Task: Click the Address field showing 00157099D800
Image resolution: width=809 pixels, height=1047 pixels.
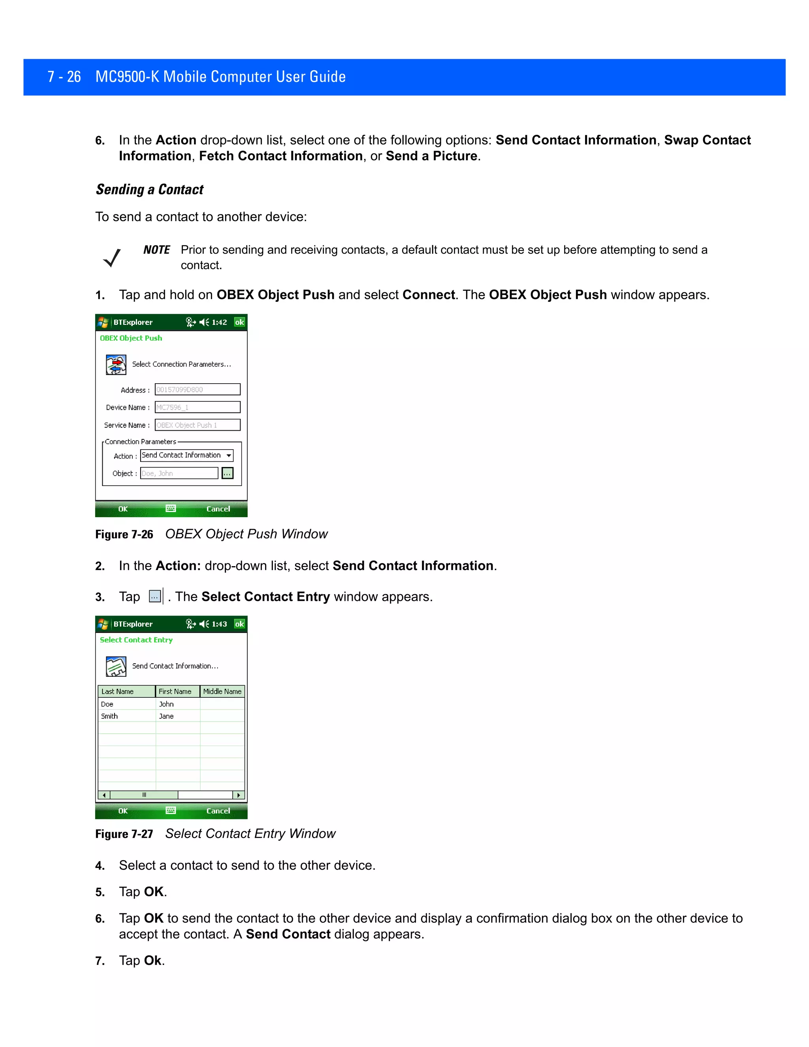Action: (x=197, y=389)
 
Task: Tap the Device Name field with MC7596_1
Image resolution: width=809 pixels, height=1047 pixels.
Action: (x=197, y=407)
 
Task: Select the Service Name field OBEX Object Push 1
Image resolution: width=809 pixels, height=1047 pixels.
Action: (x=197, y=425)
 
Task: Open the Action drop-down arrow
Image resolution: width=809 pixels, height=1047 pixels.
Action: (x=229, y=456)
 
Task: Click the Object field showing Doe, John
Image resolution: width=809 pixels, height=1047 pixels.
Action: (x=179, y=473)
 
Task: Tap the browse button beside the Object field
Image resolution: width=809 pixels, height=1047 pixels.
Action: (x=227, y=473)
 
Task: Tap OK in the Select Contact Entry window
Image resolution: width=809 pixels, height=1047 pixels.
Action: (x=123, y=811)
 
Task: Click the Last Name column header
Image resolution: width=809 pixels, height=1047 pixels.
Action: (x=126, y=691)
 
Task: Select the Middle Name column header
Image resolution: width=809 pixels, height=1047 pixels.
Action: (x=222, y=691)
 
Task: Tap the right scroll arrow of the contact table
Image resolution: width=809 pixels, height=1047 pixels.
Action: (x=239, y=795)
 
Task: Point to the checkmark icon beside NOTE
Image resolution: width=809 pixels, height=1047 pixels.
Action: (x=112, y=258)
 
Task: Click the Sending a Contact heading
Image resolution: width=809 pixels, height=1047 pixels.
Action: (x=150, y=189)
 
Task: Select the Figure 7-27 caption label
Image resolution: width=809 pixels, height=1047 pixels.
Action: (x=124, y=834)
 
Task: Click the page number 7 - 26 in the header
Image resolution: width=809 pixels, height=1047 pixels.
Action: (x=64, y=77)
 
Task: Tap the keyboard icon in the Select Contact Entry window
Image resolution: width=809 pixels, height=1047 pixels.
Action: (x=171, y=810)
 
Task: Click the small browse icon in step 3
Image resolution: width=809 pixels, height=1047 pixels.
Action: (x=154, y=596)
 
